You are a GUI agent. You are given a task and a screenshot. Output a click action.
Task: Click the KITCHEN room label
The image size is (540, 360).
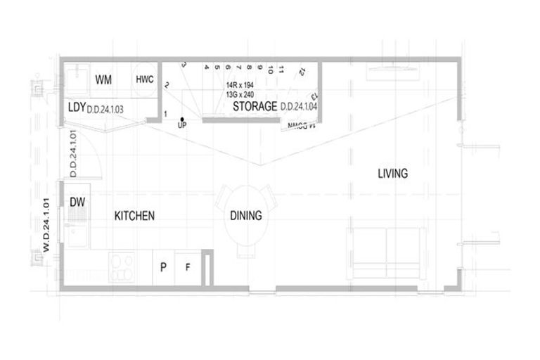134,216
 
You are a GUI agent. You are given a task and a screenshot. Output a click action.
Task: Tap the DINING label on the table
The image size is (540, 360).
246,216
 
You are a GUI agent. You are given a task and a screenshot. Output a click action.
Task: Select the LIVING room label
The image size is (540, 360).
392,173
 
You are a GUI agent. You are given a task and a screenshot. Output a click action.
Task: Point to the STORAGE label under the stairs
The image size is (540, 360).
255,107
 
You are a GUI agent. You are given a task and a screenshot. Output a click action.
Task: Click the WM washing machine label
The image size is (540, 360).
104,79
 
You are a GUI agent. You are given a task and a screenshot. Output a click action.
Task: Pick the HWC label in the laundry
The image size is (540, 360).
145,79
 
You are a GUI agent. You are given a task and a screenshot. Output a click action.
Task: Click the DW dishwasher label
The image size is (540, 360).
77,202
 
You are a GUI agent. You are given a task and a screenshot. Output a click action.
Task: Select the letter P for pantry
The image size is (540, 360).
163,268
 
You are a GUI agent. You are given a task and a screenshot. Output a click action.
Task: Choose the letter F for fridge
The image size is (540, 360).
187,268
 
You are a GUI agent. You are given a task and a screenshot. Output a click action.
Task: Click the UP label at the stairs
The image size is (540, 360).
182,125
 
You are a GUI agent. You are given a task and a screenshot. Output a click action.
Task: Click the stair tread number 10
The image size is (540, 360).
270,70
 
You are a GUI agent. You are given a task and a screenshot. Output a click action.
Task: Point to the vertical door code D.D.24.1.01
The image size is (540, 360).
72,155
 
